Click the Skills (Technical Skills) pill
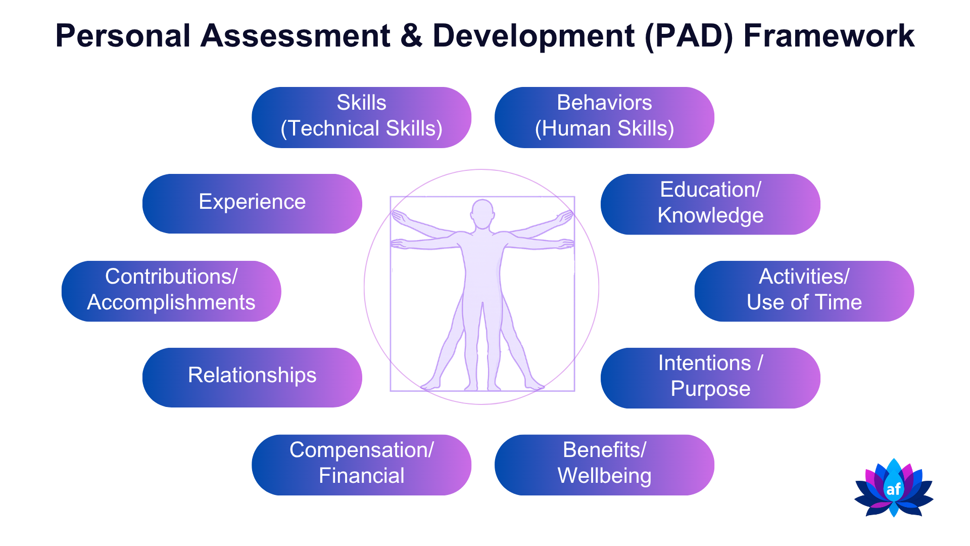coord(361,117)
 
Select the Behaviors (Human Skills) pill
coord(604,117)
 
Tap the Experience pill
coord(252,204)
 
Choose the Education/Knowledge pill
coord(710,204)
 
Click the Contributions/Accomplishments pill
coord(171,291)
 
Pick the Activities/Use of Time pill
coord(804,291)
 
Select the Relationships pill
coord(252,378)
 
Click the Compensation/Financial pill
coord(361,465)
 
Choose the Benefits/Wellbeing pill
coord(604,465)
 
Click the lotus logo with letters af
coord(894,488)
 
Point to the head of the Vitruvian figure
coord(482,214)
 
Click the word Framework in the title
coord(829,36)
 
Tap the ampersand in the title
coord(412,36)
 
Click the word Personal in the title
coord(123,36)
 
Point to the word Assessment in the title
coord(296,36)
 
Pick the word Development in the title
coord(533,37)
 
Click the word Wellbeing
coord(604,476)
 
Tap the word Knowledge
coord(710,216)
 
